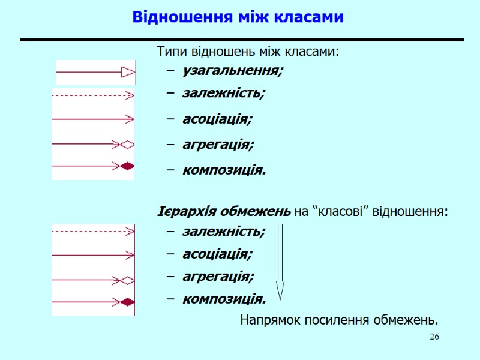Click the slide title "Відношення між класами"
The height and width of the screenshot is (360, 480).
pos(238,17)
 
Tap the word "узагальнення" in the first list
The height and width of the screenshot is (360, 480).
pos(232,71)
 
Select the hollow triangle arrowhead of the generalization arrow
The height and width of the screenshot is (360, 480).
pos(128,73)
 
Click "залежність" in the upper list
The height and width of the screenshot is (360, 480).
pos(223,94)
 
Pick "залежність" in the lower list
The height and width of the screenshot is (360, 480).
pos(223,231)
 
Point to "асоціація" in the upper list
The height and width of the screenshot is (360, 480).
pos(217,119)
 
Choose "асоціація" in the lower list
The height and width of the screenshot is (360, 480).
pos(217,254)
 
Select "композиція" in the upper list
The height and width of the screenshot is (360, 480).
pos(223,170)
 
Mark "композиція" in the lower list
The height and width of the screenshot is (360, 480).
pos(223,298)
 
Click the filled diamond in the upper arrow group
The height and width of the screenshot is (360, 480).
pos(127,166)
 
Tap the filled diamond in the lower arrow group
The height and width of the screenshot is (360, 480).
pos(127,302)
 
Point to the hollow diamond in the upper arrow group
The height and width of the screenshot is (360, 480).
pos(127,144)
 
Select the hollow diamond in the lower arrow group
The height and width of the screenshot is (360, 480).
pos(127,280)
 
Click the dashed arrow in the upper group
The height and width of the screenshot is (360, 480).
pos(90,95)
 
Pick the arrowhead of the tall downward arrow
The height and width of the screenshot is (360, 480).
pos(280,290)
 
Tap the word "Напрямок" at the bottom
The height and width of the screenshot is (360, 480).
pos(266,319)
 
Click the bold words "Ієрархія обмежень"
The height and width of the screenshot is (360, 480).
pos(224,212)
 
